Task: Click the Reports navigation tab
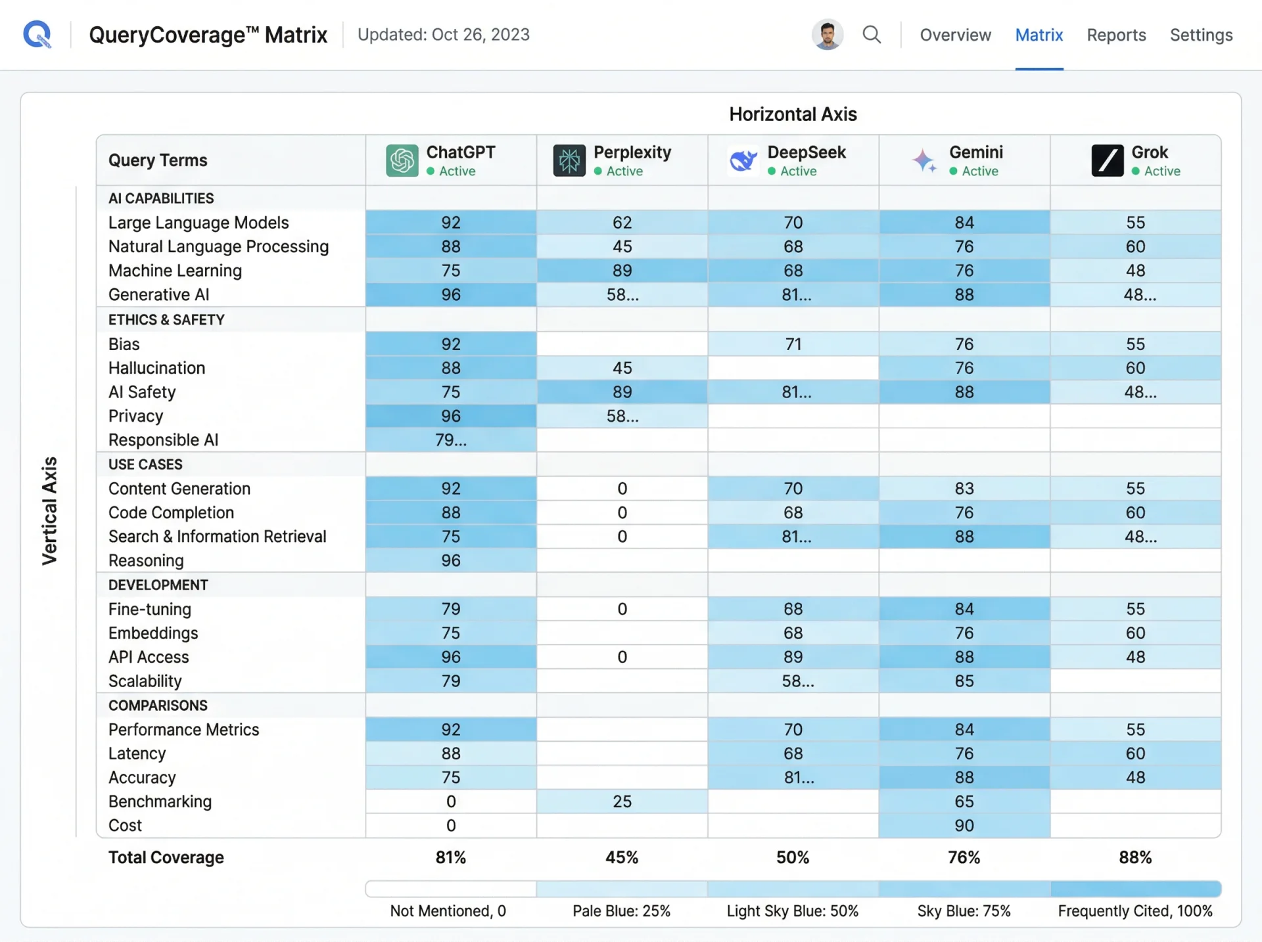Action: tap(1115, 35)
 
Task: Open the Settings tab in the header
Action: tap(1200, 35)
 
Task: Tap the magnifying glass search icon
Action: tap(872, 34)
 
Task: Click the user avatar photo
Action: tap(827, 34)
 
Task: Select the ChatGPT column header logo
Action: tap(402, 160)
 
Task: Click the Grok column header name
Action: tap(1149, 152)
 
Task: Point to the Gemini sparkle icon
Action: tap(924, 160)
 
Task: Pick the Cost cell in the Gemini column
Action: tap(964, 826)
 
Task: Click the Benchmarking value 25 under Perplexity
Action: tap(622, 801)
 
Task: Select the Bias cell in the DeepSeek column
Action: tap(793, 344)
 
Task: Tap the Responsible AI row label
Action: tap(163, 440)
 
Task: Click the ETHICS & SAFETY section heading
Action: tap(166, 320)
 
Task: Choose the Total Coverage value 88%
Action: tap(1135, 857)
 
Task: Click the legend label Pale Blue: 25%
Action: tap(621, 911)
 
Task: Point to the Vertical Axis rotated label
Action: tap(50, 510)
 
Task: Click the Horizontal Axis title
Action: tap(793, 114)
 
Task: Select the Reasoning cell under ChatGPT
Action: tap(451, 560)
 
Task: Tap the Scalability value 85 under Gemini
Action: tap(964, 681)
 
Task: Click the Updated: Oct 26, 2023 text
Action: tap(443, 35)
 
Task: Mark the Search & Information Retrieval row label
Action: tap(217, 537)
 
